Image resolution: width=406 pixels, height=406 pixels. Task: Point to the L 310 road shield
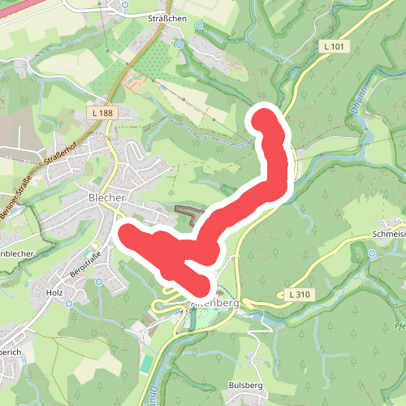pyautogui.click(x=300, y=293)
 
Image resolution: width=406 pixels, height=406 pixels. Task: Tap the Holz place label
pyautogui.click(x=55, y=292)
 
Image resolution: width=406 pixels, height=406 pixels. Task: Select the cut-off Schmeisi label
pyautogui.click(x=387, y=233)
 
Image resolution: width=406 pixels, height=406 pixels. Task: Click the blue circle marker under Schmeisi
pyautogui.click(x=372, y=253)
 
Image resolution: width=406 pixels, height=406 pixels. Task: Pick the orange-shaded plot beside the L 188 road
pyautogui.click(x=139, y=82)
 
